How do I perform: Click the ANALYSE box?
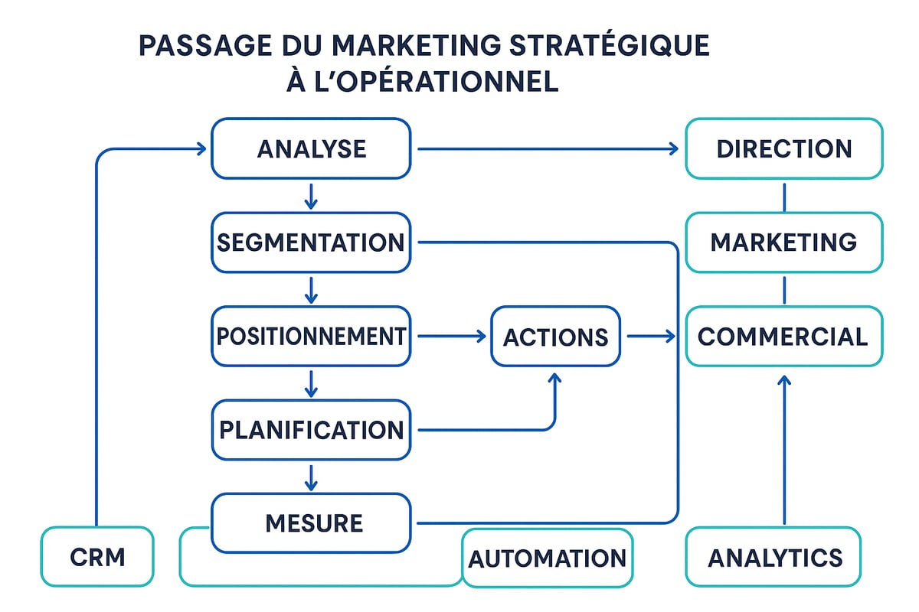311,148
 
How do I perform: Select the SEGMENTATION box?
311,243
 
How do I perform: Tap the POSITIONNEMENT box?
311,336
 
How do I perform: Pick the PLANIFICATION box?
311,430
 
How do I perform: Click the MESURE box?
311,523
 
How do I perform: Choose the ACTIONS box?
555,336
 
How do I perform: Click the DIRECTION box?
783,148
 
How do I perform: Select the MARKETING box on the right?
783,243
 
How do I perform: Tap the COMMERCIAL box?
783,336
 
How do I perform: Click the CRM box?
97,557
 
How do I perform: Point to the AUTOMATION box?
548,558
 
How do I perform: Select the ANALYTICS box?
773,557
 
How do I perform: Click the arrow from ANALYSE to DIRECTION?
548,148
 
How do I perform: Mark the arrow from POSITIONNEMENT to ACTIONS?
452,336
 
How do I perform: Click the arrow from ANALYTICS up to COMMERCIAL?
783,451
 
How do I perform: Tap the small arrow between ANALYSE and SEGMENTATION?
310,197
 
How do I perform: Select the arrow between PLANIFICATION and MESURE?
310,477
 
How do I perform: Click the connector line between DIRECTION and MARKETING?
784,196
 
